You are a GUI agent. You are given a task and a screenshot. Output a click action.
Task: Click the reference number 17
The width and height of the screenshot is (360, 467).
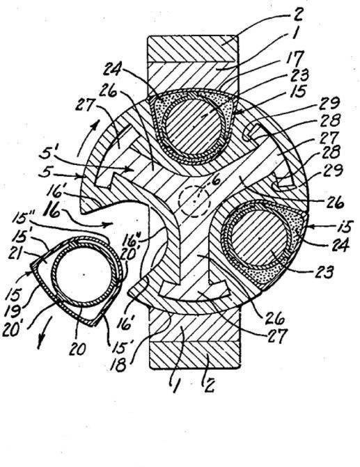(x=296, y=58)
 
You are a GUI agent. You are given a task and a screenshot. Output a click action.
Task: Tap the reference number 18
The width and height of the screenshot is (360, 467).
(x=118, y=365)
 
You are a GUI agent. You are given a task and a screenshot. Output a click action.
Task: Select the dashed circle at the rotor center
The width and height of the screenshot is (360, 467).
(x=194, y=202)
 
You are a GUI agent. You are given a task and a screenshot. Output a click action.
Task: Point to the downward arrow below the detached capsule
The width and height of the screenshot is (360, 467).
(x=42, y=333)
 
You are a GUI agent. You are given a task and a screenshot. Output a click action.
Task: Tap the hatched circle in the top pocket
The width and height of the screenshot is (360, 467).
(x=194, y=127)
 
